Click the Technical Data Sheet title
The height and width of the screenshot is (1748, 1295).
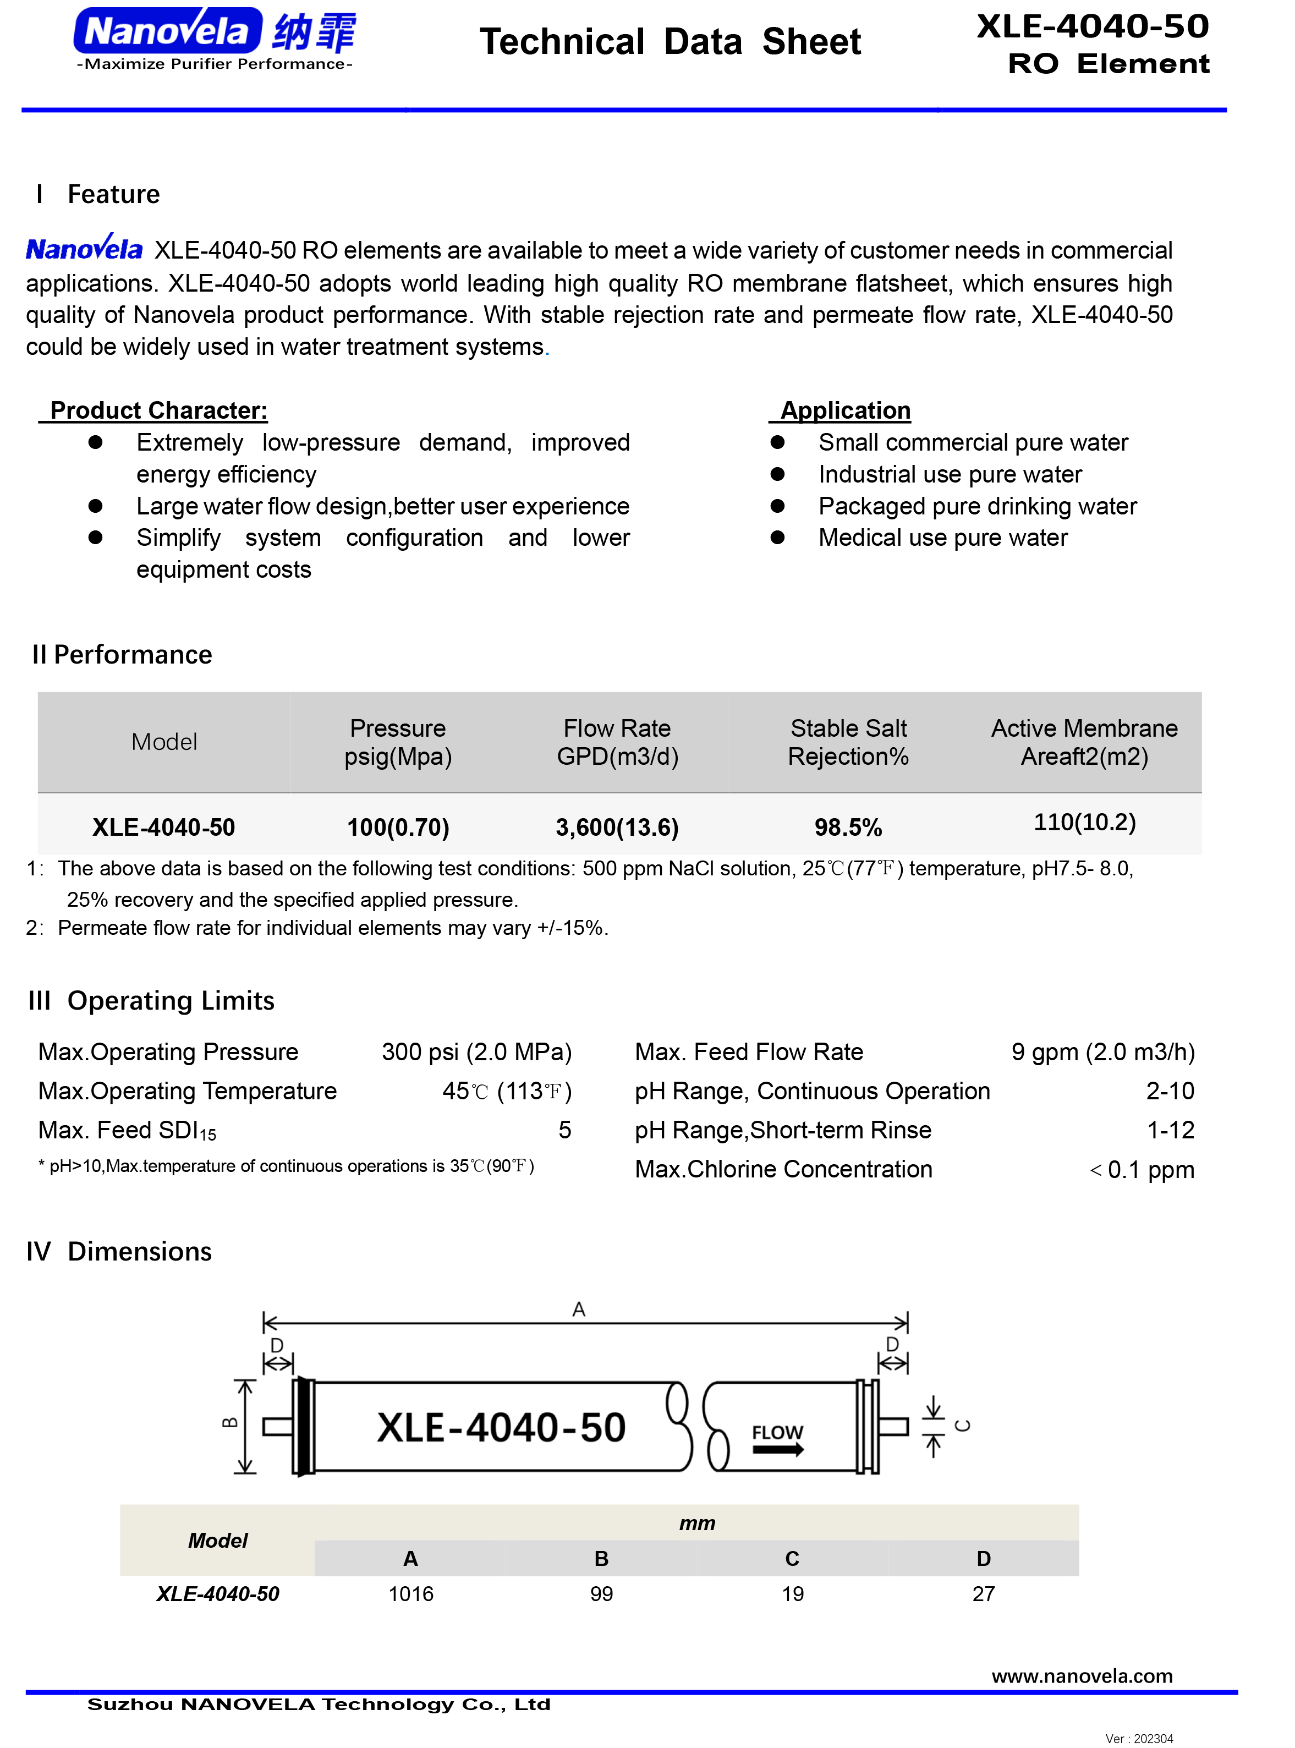click(x=670, y=42)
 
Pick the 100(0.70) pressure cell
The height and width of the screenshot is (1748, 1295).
click(x=398, y=827)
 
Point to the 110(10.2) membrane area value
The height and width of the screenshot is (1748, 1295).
click(x=1084, y=821)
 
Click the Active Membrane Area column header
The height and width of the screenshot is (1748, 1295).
click(x=1084, y=742)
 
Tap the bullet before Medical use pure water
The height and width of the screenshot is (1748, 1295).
click(x=778, y=538)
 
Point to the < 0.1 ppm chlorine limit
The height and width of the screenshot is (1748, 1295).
click(x=1142, y=1170)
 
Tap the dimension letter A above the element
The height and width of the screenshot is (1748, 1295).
click(x=579, y=1309)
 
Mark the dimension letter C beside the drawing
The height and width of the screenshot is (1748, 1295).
click(x=963, y=1426)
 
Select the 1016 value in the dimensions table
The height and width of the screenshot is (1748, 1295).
click(x=411, y=1593)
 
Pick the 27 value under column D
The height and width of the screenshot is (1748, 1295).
click(x=983, y=1593)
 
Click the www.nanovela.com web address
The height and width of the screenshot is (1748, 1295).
click(x=1082, y=1676)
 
